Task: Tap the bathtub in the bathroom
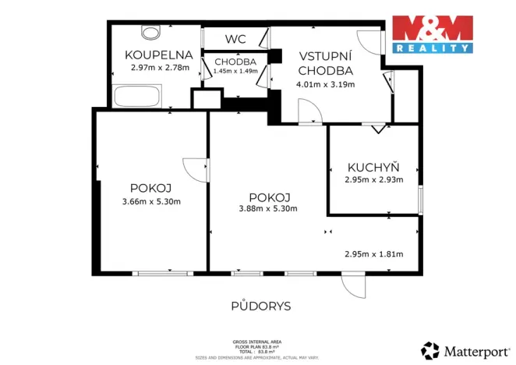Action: click(x=136, y=98)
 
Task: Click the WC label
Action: click(x=235, y=38)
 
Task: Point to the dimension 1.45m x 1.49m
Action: click(x=235, y=71)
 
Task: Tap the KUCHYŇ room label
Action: click(x=373, y=167)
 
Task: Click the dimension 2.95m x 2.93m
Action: click(x=373, y=179)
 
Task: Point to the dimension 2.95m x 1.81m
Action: click(x=373, y=253)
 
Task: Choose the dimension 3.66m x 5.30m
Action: click(x=151, y=202)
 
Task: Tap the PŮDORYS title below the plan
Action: click(x=260, y=307)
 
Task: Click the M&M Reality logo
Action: click(x=432, y=34)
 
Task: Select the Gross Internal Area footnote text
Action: click(x=257, y=348)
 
